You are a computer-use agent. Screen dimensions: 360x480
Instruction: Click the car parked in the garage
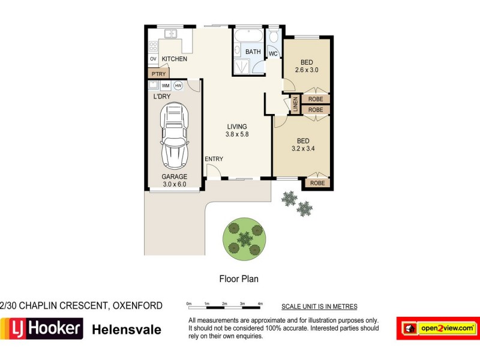[174, 136]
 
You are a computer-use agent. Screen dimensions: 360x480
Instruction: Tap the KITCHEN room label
[174, 59]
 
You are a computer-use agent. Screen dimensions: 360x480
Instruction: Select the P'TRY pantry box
[158, 74]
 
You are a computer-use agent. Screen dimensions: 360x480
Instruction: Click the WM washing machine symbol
[166, 86]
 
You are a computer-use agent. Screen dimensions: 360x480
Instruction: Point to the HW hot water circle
[178, 86]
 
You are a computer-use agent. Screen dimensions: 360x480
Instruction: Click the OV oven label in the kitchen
[153, 59]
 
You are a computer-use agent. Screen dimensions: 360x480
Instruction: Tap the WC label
[273, 53]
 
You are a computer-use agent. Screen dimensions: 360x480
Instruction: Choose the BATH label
[253, 52]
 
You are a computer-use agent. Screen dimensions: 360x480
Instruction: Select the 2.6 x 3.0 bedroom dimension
[305, 70]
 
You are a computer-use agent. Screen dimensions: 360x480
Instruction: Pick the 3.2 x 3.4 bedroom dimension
[304, 148]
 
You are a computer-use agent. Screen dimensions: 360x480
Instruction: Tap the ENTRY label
[214, 159]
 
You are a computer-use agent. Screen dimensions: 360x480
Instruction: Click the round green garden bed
[244, 239]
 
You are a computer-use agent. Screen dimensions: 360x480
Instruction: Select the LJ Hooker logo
[41, 329]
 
